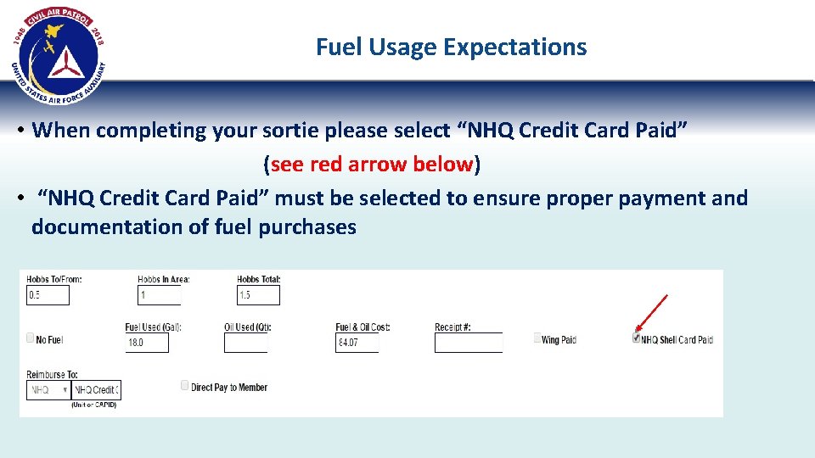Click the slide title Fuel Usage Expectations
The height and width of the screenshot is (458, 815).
pos(451,47)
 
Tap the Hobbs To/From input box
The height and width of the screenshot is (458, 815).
pos(48,295)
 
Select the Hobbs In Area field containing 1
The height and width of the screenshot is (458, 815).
pos(160,295)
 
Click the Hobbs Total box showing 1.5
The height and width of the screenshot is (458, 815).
pos(258,295)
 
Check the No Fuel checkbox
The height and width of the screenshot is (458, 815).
pos(31,338)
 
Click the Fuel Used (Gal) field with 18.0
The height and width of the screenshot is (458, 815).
pos(147,343)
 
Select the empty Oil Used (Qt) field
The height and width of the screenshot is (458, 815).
pos(245,343)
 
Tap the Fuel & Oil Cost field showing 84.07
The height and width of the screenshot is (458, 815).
pos(357,343)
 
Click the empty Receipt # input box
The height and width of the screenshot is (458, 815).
pos(468,343)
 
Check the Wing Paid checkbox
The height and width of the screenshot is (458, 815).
pos(537,338)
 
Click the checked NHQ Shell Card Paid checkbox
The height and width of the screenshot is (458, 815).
pos(636,338)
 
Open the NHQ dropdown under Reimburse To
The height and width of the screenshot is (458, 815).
pos(48,390)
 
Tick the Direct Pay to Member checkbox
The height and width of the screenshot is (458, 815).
pos(185,386)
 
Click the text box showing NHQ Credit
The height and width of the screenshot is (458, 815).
pos(96,390)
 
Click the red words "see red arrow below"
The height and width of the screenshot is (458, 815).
pos(372,164)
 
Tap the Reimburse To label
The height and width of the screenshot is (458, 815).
pos(52,374)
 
